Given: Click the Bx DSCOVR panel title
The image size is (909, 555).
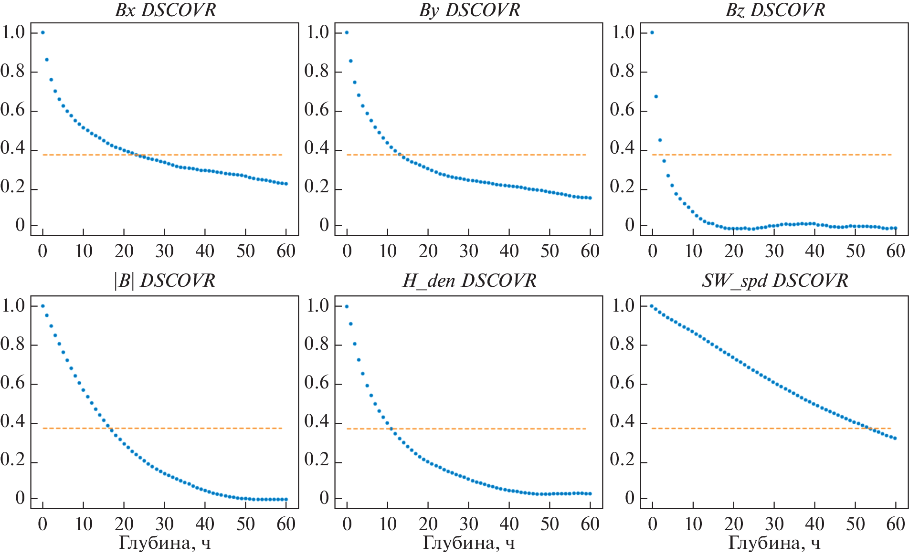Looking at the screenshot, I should click(165, 10).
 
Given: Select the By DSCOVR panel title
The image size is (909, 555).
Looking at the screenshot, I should click(469, 10).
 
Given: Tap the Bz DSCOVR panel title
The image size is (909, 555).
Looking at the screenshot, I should click(775, 10).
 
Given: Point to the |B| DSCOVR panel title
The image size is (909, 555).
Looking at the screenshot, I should click(164, 281).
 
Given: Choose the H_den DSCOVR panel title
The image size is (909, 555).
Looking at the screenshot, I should click(469, 281).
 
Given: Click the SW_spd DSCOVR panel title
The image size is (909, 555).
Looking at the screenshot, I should click(775, 281).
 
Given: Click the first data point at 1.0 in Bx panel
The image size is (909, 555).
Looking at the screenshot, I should click(43, 32).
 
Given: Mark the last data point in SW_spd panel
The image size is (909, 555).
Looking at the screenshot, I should click(895, 438).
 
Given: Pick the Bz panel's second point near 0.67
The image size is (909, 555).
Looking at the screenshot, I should click(656, 96).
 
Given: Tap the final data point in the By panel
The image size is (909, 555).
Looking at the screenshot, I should click(590, 198).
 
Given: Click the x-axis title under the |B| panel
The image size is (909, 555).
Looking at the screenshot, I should click(164, 543).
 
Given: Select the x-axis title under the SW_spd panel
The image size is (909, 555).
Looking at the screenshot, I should click(774, 543).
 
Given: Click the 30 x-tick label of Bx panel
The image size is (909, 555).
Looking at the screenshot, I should click(164, 251).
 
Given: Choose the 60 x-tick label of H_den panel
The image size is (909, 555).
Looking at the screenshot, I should click(590, 524).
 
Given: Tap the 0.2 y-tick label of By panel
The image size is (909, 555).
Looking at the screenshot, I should click(317, 187).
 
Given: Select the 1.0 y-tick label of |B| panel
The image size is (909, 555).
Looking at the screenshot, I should click(13, 305).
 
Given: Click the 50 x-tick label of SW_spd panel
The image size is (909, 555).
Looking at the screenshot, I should click(855, 524).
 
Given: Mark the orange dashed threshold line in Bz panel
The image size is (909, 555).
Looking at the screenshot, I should click(773, 155).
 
